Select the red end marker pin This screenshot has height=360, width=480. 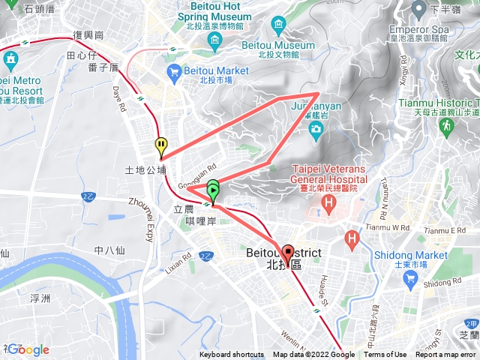(x=289, y=253)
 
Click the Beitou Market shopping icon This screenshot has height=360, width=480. (x=175, y=71)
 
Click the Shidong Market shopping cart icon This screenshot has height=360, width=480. (x=409, y=280)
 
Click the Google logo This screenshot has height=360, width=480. (x=28, y=349)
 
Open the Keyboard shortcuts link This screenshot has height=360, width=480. (x=232, y=355)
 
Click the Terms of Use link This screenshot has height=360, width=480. (x=385, y=355)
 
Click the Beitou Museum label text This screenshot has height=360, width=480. (x=278, y=45)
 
